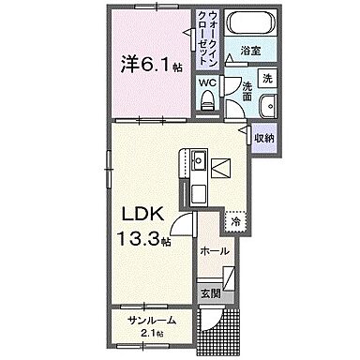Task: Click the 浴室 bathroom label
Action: (x=249, y=50)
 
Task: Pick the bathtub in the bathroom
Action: (x=249, y=24)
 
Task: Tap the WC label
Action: (x=205, y=82)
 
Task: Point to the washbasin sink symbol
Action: (x=267, y=106)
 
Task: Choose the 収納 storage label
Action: (x=264, y=138)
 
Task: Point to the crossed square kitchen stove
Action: (x=222, y=169)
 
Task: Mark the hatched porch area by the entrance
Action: (x=229, y=328)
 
